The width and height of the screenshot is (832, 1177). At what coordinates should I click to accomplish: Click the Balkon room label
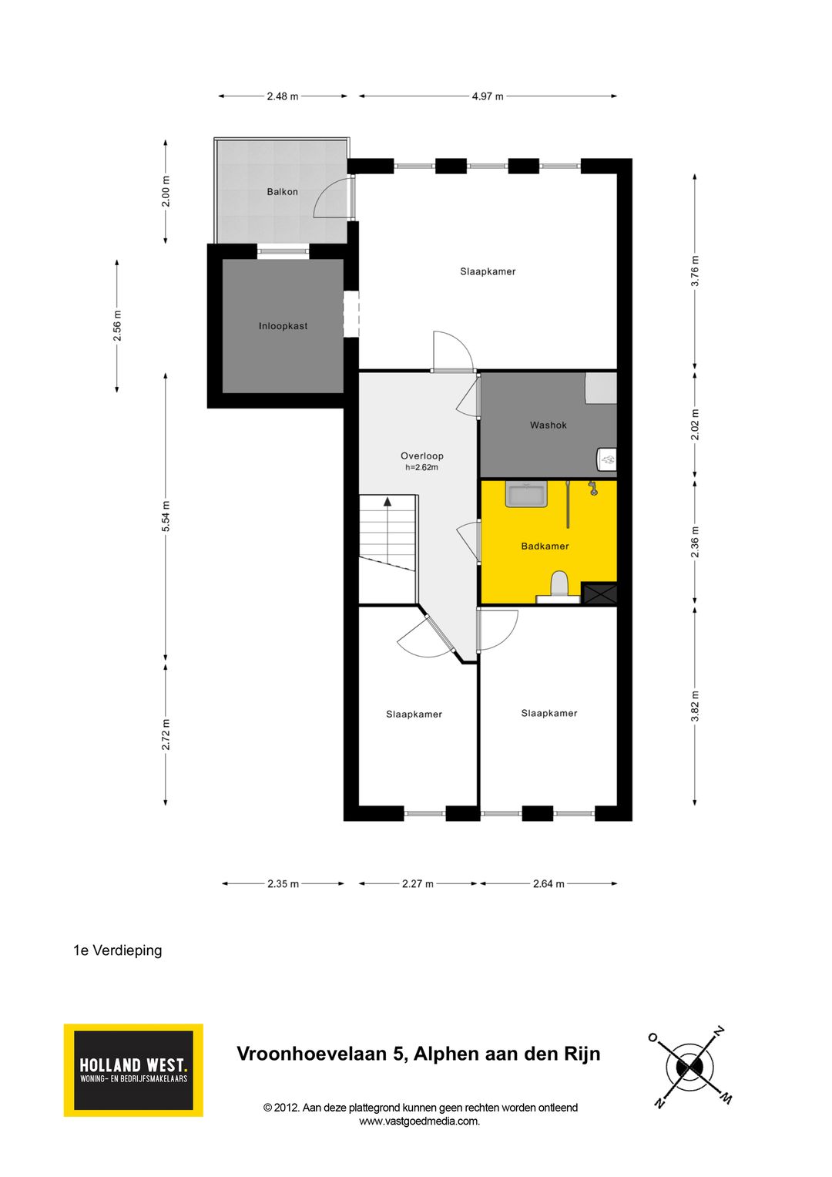(x=282, y=192)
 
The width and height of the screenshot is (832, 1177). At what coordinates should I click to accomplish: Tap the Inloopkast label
(x=283, y=326)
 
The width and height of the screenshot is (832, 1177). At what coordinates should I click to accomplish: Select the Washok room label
(x=548, y=425)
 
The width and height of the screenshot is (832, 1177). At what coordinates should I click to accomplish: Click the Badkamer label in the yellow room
(x=545, y=546)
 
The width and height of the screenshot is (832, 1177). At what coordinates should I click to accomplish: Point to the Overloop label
(x=421, y=456)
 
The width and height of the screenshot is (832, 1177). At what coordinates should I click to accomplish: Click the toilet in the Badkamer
(x=559, y=586)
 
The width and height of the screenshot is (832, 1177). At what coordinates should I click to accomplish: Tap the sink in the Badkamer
(x=526, y=493)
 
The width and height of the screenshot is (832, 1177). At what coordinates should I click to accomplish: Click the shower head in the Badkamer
(x=592, y=487)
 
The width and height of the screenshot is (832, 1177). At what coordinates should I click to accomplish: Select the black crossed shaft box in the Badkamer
(x=599, y=593)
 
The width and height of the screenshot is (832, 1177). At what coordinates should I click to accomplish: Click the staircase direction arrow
(x=387, y=502)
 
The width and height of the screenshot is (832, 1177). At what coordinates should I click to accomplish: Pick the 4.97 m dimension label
(x=488, y=96)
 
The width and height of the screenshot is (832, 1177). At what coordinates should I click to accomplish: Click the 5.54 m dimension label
(x=166, y=516)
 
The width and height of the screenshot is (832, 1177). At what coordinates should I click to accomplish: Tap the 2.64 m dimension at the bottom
(x=549, y=883)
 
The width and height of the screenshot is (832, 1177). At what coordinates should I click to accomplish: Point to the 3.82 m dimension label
(x=695, y=706)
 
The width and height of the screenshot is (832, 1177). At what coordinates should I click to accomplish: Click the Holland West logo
(x=133, y=1070)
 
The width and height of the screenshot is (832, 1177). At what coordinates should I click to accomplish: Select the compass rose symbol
(x=689, y=1068)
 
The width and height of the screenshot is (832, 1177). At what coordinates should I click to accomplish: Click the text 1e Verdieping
(x=118, y=950)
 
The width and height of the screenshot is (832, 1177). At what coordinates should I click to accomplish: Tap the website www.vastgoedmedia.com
(x=420, y=1122)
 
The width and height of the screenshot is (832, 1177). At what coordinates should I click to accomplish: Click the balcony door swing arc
(x=330, y=200)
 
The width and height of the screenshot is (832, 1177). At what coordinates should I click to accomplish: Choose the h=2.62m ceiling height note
(x=421, y=467)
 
